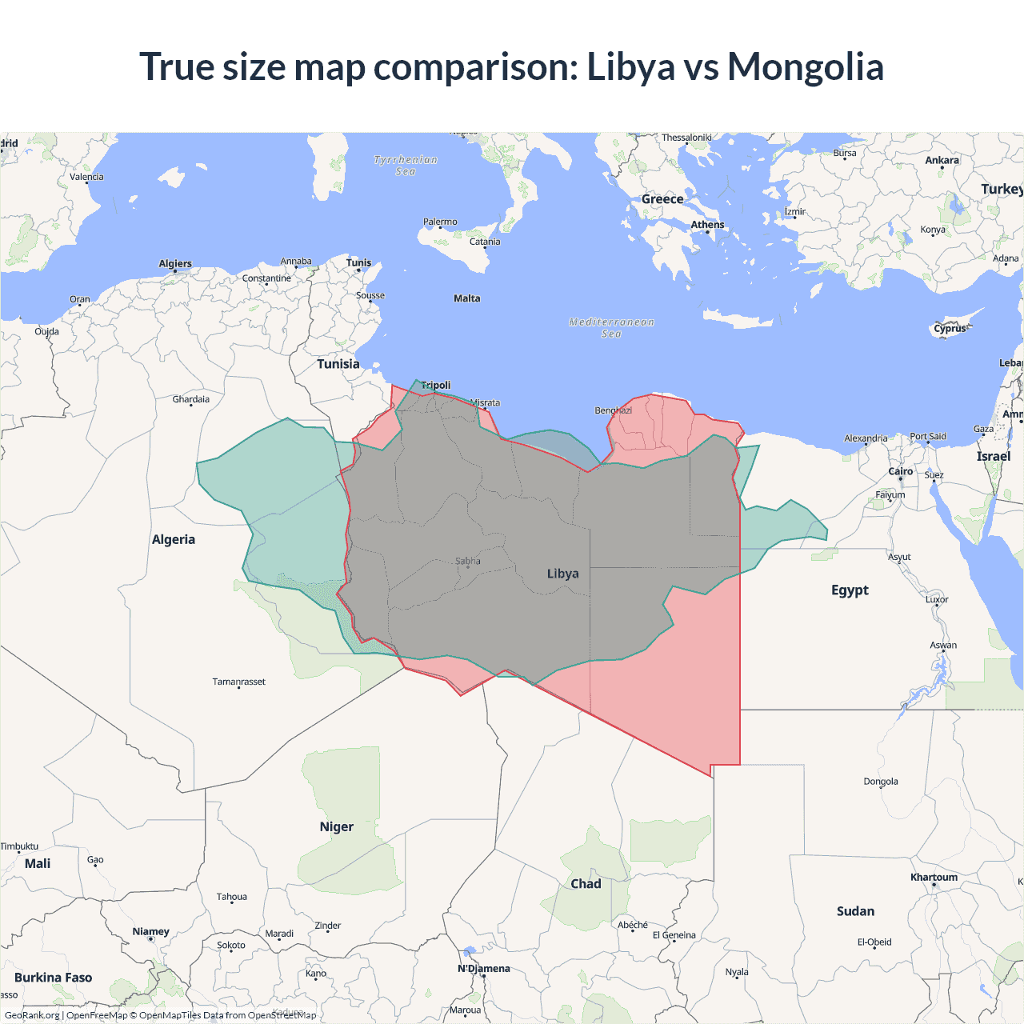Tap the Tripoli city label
(436, 386)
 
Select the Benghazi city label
(613, 410)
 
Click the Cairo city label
(901, 471)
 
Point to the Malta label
(467, 298)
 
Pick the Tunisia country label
(338, 364)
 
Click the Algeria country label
(174, 539)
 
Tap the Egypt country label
(850, 590)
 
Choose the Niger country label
(336, 827)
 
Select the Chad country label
(586, 884)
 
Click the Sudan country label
(855, 911)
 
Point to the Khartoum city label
(934, 878)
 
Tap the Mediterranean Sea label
(611, 327)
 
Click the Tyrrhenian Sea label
(406, 165)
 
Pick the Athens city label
(707, 225)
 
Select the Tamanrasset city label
(238, 682)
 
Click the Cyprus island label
(950, 329)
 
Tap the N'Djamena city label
(483, 969)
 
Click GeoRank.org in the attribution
(32, 1015)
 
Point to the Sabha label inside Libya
(468, 561)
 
